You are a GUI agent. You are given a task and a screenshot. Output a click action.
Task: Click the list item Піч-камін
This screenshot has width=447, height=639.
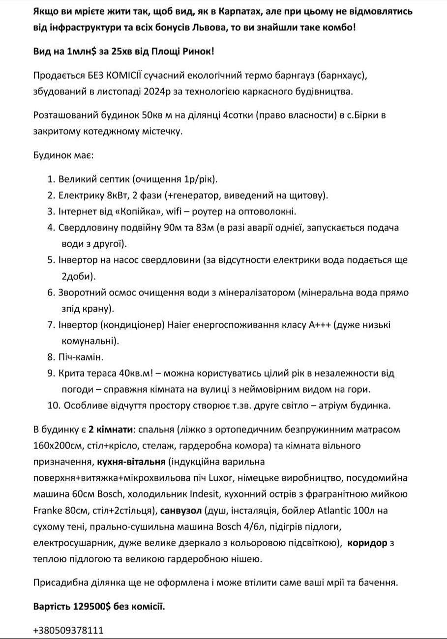click(81, 357)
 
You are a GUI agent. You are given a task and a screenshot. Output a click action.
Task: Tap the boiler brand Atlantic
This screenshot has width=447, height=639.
click(324, 510)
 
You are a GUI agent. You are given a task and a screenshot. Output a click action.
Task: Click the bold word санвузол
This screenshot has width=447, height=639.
click(180, 510)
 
